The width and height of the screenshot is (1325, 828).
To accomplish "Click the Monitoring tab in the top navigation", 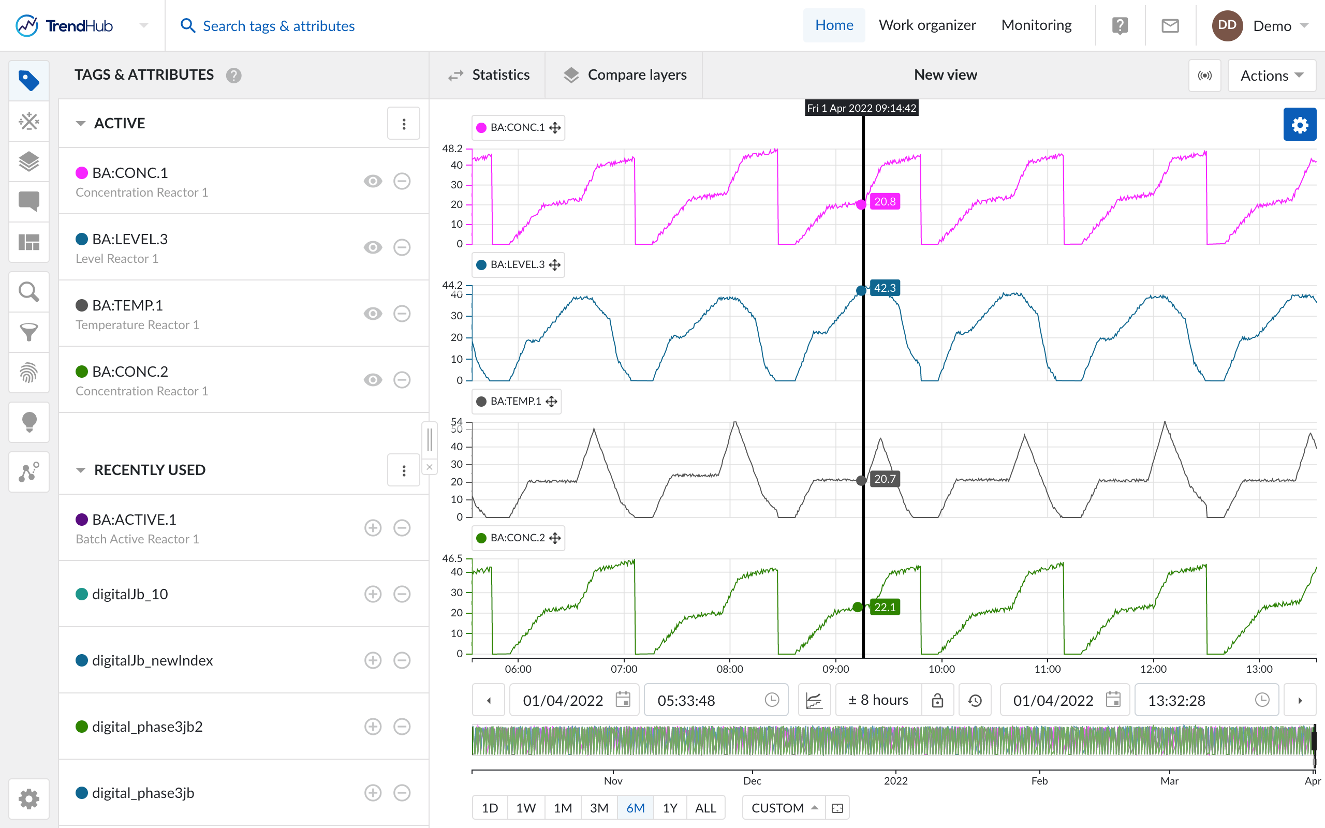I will pyautogui.click(x=1036, y=25).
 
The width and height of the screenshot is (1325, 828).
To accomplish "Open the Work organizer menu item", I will pyautogui.click(x=927, y=25).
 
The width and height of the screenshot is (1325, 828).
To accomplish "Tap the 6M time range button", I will pyautogui.click(x=635, y=808).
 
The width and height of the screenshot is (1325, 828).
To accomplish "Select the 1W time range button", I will pyautogui.click(x=526, y=808).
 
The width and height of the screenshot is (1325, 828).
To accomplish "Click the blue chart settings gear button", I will pyautogui.click(x=1299, y=125).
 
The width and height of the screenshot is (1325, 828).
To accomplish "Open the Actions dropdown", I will pyautogui.click(x=1271, y=76).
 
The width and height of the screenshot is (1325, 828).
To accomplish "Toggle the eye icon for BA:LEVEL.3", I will pyautogui.click(x=373, y=247).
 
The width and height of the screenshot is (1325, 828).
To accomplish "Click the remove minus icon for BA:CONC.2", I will pyautogui.click(x=402, y=380).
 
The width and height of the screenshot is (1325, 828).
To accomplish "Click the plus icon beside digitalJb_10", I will pyautogui.click(x=373, y=594).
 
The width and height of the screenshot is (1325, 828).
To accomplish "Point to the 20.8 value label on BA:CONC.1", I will pyautogui.click(x=885, y=201).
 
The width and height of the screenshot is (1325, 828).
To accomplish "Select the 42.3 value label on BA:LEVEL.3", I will pyautogui.click(x=885, y=288).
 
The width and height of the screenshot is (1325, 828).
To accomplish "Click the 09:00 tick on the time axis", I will pyautogui.click(x=835, y=669).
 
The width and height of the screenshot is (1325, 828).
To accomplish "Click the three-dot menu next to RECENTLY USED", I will pyautogui.click(x=404, y=470).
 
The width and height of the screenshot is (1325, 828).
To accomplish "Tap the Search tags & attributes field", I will pyautogui.click(x=278, y=26).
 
